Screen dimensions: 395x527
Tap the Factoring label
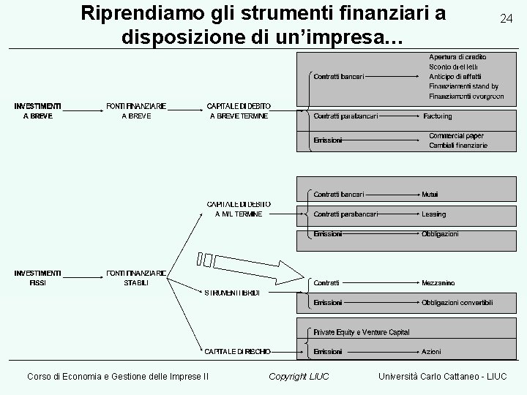coord(437,116)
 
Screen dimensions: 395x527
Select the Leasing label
coord(433,214)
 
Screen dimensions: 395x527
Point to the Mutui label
coord(430,195)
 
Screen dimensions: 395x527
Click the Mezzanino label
coord(438,282)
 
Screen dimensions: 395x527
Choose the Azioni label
coord(431,352)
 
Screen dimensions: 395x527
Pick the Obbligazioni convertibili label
coord(457,302)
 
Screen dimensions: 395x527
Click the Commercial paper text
coord(456,136)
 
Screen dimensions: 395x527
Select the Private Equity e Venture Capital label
coord(362,332)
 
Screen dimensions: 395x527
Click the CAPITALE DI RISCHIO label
coord(237,352)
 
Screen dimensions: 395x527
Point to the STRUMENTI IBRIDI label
coord(232,293)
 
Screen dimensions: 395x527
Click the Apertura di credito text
coord(457,56)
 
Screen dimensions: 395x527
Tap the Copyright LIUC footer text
coord(299,376)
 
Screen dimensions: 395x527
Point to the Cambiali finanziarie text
coord(458,146)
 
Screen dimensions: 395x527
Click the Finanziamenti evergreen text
coord(466,96)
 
